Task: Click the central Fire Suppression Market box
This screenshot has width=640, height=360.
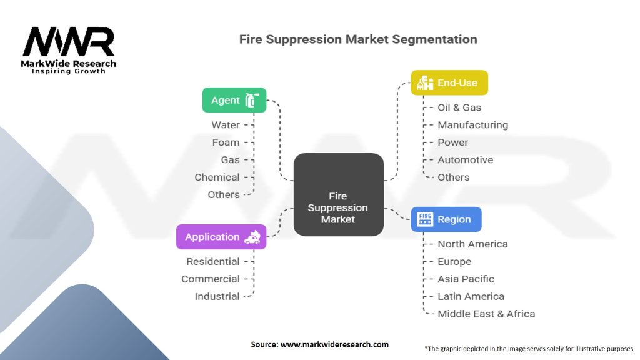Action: click(338, 194)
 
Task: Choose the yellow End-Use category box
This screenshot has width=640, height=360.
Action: click(449, 82)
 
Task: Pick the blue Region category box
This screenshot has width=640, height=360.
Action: click(446, 219)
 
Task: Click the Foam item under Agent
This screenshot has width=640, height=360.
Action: click(226, 142)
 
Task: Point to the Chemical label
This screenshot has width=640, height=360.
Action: click(217, 177)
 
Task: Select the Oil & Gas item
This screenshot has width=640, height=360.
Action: click(459, 107)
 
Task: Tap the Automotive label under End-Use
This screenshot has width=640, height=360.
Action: click(465, 160)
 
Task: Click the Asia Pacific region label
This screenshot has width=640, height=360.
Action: click(466, 279)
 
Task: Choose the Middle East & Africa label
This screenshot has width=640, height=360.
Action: click(486, 314)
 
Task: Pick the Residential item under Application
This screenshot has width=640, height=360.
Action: click(212, 262)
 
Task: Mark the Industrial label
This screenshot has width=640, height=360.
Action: click(217, 297)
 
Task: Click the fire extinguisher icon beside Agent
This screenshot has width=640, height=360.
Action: click(252, 100)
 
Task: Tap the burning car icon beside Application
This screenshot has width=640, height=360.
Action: click(253, 237)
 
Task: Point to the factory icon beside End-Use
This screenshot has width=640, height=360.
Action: click(426, 82)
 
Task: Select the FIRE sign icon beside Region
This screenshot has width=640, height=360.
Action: click(425, 219)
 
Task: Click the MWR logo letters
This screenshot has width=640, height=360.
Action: click(69, 42)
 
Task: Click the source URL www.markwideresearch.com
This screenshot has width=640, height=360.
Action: click(335, 344)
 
